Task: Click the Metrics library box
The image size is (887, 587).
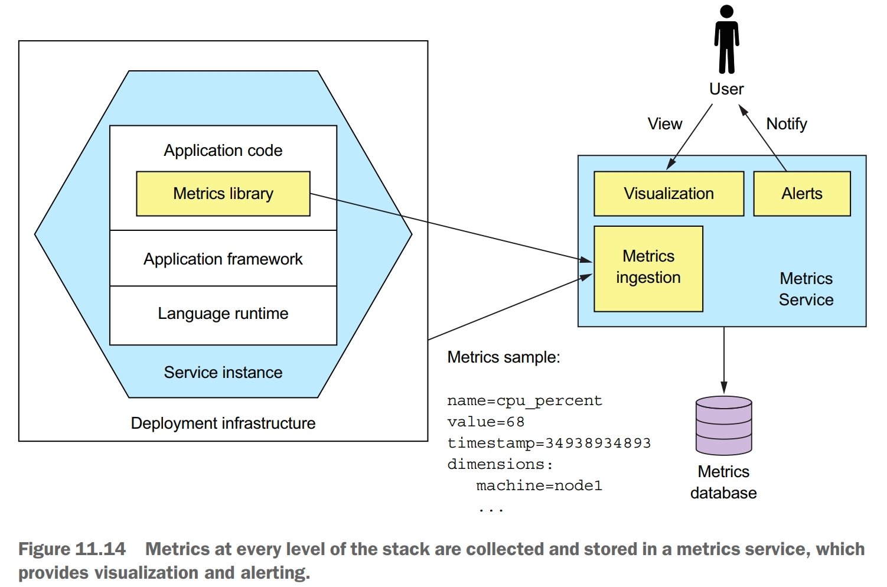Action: tap(223, 194)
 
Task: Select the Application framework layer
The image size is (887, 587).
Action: tap(223, 259)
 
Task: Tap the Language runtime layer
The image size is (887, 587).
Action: tap(223, 314)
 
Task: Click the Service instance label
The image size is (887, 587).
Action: tap(223, 373)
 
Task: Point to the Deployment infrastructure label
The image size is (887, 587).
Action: tap(223, 423)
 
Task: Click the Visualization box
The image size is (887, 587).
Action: tap(668, 194)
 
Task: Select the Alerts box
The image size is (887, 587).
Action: tap(801, 194)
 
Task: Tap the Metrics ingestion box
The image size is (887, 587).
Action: tap(648, 268)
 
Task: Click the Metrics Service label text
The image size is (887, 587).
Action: tap(806, 289)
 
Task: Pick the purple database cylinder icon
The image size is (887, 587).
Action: tap(723, 425)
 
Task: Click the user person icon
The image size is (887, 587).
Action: tap(726, 40)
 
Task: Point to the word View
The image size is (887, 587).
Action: tap(664, 124)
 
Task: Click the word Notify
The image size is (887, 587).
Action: tap(786, 124)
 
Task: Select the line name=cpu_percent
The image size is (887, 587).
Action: tap(524, 401)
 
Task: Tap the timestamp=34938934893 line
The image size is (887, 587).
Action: tap(549, 443)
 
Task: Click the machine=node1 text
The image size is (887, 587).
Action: tap(539, 485)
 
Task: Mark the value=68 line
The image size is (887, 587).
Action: tap(485, 422)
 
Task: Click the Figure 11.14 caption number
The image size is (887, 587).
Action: tap(72, 549)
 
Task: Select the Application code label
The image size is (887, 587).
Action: tap(223, 151)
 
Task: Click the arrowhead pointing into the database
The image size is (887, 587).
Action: tap(723, 388)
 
